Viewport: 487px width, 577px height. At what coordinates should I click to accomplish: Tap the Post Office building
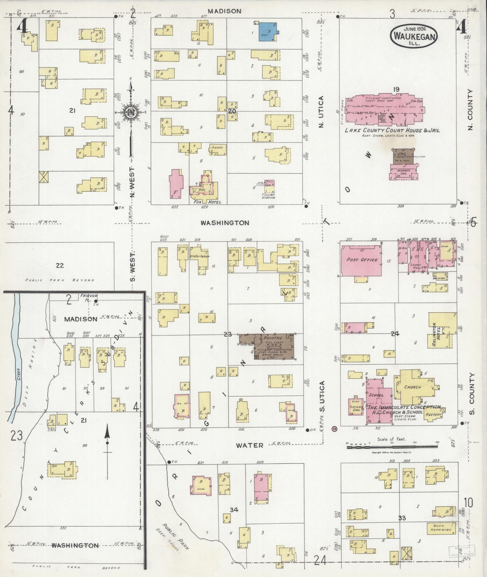pyautogui.click(x=362, y=260)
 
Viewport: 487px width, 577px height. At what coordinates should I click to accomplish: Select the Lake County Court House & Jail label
pyautogui.click(x=392, y=130)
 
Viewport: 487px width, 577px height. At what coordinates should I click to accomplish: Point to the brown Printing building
pyautogui.click(x=270, y=347)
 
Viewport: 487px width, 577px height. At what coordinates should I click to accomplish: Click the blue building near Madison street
pyautogui.click(x=269, y=31)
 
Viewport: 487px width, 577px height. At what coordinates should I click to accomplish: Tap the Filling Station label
pyautogui.click(x=268, y=196)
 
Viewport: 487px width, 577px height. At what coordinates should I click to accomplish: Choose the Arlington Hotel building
pyautogui.click(x=442, y=331)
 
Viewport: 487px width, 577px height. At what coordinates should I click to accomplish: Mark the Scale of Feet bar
pyautogui.click(x=392, y=447)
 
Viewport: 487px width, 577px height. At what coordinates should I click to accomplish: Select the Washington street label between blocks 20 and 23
pyautogui.click(x=225, y=223)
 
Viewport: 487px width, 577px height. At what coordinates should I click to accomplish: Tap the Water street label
pyautogui.click(x=249, y=445)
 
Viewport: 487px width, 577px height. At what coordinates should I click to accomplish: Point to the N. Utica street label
pyautogui.click(x=321, y=112)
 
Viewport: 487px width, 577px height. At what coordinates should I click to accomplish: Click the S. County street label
pyautogui.click(x=471, y=393)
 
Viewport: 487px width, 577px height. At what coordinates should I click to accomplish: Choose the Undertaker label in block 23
pyautogui.click(x=200, y=256)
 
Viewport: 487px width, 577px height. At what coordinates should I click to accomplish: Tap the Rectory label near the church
pyautogui.click(x=433, y=414)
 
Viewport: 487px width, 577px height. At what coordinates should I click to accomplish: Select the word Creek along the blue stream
pyautogui.click(x=19, y=374)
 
